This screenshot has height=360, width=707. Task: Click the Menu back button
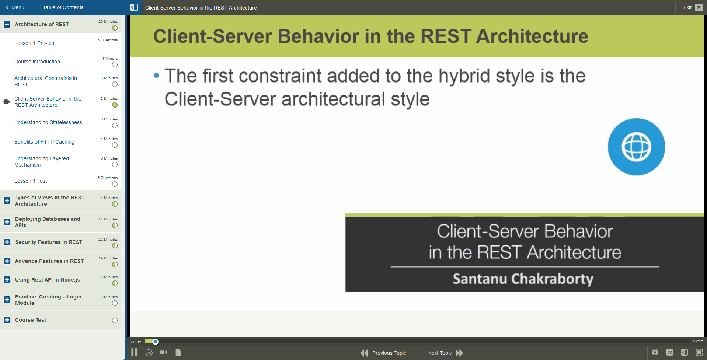pyautogui.click(x=15, y=7)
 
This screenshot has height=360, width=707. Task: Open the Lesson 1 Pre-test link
pyautogui.click(x=35, y=43)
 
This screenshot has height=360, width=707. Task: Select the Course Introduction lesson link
pyautogui.click(x=37, y=62)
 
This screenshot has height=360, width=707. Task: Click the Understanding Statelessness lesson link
pyautogui.click(x=48, y=122)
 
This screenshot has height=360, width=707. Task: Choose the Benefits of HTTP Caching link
pyautogui.click(x=44, y=142)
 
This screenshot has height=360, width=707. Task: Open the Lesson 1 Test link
pyautogui.click(x=31, y=181)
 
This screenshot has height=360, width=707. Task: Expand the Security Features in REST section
pyautogui.click(x=7, y=242)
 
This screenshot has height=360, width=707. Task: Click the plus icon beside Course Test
pyautogui.click(x=7, y=320)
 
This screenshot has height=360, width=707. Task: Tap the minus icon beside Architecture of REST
pyautogui.click(x=7, y=24)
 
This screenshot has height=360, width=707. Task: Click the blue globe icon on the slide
pyautogui.click(x=636, y=147)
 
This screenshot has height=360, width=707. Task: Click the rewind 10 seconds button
pyautogui.click(x=149, y=353)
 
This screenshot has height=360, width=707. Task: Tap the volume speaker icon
pyautogui.click(x=164, y=353)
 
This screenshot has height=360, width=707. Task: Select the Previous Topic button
pyautogui.click(x=383, y=353)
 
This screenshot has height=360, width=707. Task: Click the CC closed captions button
pyautogui.click(x=670, y=353)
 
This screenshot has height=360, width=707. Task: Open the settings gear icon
pyautogui.click(x=655, y=353)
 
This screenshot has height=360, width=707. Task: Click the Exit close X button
pyautogui.click(x=699, y=7)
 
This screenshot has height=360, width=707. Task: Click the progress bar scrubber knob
pyautogui.click(x=156, y=342)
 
